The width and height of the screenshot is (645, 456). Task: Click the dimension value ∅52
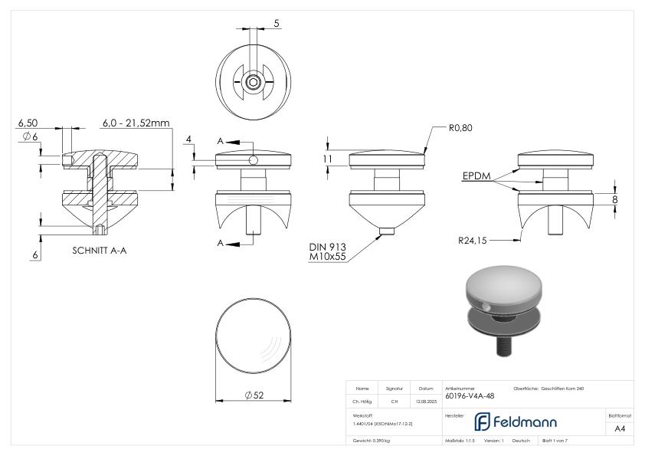tap(255, 395)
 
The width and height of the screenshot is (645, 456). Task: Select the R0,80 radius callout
tap(461, 129)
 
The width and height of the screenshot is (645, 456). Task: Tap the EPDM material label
tap(476, 176)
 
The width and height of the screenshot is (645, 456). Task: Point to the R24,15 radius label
tap(473, 239)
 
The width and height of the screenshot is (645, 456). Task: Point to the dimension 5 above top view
tap(276, 24)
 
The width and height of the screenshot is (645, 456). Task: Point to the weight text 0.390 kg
tap(372, 441)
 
